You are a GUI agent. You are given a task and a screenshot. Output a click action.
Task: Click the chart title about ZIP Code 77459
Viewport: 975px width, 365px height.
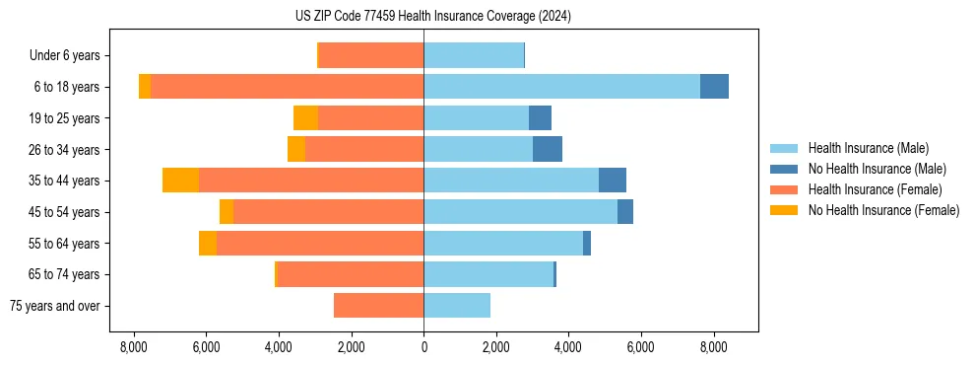433,17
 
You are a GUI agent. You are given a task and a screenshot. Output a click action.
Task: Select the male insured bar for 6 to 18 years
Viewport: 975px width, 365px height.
561,87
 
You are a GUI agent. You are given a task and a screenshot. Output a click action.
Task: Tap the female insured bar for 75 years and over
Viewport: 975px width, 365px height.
379,306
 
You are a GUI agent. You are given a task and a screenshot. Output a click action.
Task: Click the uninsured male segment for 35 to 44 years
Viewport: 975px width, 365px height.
613,181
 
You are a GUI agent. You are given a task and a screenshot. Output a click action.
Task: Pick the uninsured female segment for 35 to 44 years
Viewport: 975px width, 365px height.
181,181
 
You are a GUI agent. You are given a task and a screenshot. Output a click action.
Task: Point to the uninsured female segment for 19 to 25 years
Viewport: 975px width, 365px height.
306,118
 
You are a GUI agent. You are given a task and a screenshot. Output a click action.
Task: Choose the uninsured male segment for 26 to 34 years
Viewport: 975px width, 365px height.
548,149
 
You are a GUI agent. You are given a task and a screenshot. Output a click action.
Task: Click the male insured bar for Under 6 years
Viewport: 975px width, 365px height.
474,55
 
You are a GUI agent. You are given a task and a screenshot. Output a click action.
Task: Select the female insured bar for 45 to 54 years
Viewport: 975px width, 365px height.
328,212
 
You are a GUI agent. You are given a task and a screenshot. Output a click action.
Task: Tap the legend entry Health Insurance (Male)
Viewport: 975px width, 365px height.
868,148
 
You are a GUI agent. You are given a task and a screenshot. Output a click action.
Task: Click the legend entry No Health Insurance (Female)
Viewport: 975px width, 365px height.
883,210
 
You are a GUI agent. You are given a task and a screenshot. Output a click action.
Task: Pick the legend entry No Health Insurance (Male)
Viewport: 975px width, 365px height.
877,169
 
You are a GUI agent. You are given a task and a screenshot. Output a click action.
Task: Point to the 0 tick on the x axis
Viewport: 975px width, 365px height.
423,347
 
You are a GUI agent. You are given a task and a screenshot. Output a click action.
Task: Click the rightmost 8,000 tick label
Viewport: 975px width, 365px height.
713,347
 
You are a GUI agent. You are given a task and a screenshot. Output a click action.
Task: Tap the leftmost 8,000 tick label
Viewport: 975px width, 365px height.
134,347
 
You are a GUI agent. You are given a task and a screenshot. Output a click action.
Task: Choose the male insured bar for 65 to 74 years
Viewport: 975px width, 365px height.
488,274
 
